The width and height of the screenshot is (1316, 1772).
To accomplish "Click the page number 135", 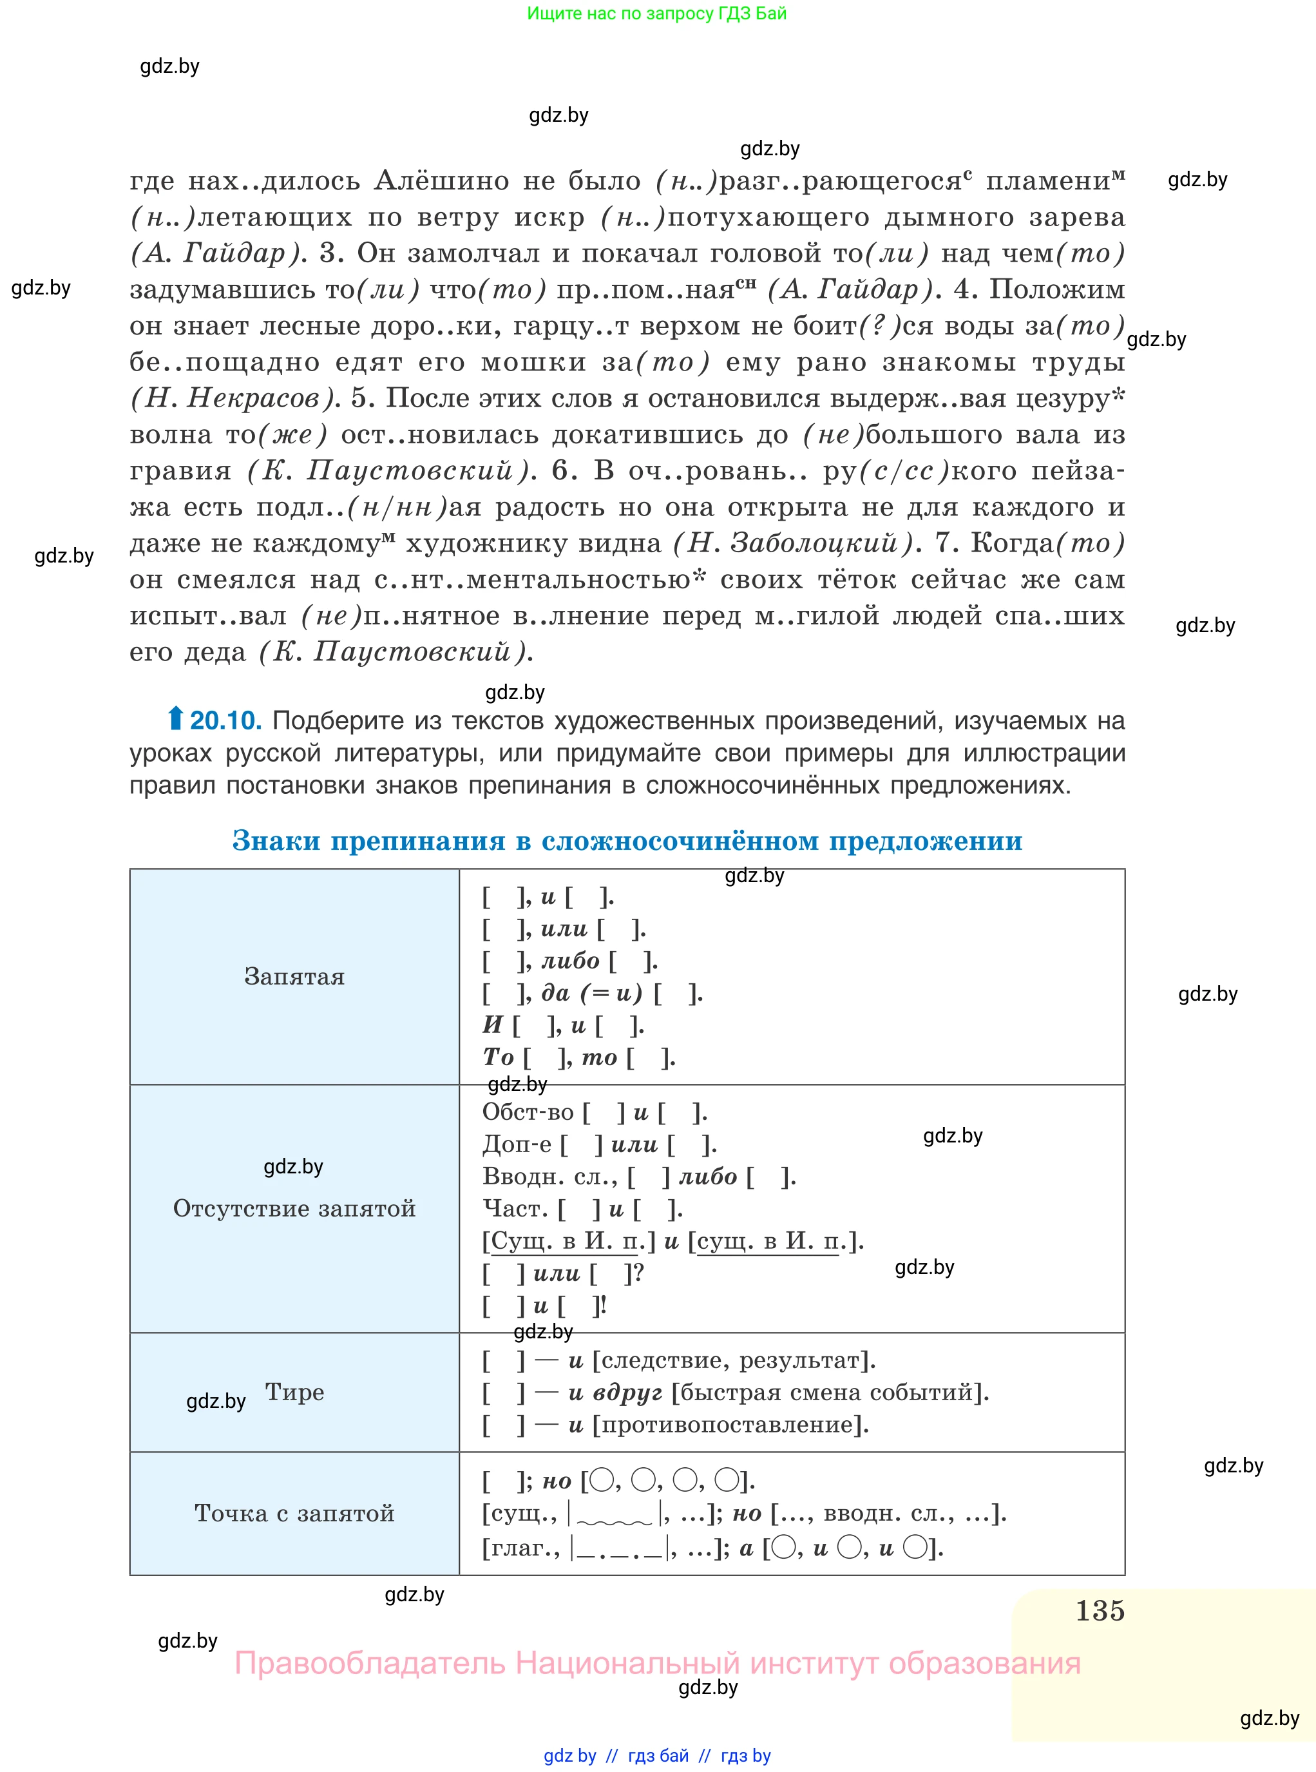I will pos(1100,1610).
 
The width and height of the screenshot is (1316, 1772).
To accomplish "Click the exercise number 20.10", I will pos(225,720).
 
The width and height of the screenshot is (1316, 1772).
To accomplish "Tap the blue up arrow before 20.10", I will pos(175,718).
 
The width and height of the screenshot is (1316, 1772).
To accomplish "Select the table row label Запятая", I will pos(294,976).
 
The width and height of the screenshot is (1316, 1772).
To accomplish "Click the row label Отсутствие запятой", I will pos(294,1209).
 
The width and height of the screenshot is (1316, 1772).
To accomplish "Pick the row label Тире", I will pos(294,1392).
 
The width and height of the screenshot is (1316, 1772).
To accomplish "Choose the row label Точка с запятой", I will pos(294,1513).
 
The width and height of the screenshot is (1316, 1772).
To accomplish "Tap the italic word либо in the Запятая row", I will pos(570,961).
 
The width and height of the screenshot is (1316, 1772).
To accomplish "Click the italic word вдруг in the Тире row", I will pos(628,1392).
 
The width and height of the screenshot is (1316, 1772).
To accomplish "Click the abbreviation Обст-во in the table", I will pos(528,1112).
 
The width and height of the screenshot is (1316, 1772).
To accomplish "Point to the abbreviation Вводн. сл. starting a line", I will pos(549,1177).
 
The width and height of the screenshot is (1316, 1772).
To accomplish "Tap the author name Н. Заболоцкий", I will pos(792,543).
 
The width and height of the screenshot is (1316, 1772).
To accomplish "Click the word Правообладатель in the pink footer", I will pos(370,1663).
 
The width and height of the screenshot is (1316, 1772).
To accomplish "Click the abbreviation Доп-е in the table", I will pos(516,1145).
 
